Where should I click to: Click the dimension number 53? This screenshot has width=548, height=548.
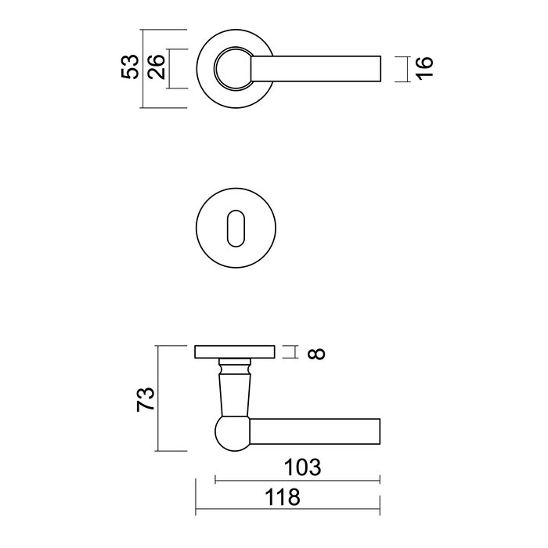coord(132,67)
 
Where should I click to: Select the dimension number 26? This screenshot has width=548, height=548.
coord(156,67)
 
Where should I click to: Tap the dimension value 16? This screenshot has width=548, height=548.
coord(424,68)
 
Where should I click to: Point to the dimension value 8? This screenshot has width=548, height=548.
coord(315,353)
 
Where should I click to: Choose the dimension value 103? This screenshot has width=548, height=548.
coord(302,468)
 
